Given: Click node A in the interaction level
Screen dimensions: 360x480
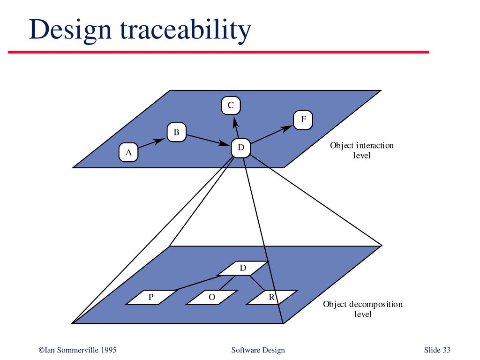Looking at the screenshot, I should tap(128, 152).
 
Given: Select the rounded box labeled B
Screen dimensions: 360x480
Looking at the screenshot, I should tap(177, 133).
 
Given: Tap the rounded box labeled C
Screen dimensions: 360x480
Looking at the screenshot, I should tap(231, 105).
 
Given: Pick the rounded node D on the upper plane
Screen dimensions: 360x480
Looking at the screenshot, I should tap(241, 148).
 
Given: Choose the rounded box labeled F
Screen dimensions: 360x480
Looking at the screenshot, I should tap(303, 120).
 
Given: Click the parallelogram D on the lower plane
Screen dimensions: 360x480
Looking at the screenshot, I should tap(243, 268).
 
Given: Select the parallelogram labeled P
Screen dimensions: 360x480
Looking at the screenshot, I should tap(151, 297).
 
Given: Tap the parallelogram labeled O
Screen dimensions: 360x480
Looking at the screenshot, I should tap(212, 297).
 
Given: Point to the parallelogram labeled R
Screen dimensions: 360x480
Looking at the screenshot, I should tap(271, 297).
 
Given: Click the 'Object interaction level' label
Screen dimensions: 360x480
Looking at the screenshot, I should tap(362, 150).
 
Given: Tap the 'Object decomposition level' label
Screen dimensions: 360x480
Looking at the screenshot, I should tap(362, 309).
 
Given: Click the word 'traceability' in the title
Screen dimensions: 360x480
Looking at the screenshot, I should tap(186, 30).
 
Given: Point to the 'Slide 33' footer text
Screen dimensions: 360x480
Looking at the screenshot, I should tap(437, 350).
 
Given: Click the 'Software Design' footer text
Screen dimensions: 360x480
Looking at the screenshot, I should tap(258, 350).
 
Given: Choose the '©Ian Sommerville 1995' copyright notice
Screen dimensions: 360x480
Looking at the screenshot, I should tap(77, 350).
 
